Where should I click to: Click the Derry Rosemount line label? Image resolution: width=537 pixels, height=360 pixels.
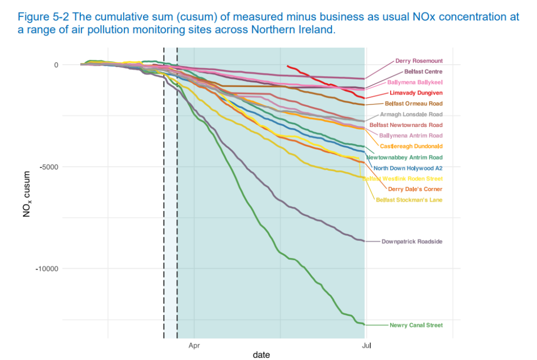pyautogui.click(x=418, y=61)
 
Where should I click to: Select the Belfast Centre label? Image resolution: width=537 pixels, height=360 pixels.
pyautogui.click(x=423, y=71)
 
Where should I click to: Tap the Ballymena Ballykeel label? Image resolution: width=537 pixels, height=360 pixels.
pyautogui.click(x=415, y=82)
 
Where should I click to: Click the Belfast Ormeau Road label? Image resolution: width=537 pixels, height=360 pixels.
pyautogui.click(x=413, y=104)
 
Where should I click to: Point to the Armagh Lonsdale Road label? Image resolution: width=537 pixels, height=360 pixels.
pyautogui.click(x=411, y=114)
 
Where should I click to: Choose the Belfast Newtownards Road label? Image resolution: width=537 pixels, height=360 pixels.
pyautogui.click(x=406, y=125)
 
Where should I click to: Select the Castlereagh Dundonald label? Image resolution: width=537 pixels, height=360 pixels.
pyautogui.click(x=411, y=146)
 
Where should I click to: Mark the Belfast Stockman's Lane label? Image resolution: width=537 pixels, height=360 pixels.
pyautogui.click(x=409, y=200)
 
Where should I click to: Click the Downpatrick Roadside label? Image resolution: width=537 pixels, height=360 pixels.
pyautogui.click(x=412, y=241)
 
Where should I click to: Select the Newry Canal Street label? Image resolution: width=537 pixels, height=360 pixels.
pyautogui.click(x=416, y=325)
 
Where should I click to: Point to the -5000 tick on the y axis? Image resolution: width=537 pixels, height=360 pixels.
pyautogui.click(x=49, y=167)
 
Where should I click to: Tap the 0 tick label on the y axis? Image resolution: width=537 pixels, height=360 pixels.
pyautogui.click(x=56, y=65)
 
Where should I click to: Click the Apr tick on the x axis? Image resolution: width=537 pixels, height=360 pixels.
pyautogui.click(x=194, y=346)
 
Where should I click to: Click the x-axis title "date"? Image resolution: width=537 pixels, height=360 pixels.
pyautogui.click(x=261, y=355)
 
